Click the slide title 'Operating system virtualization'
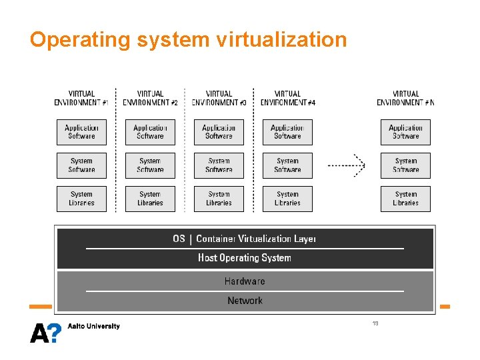pyautogui.click(x=188, y=40)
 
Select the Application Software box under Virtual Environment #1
pyautogui.click(x=81, y=132)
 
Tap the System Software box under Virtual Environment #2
pyautogui.click(x=150, y=165)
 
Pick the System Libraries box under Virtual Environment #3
pyautogui.click(x=219, y=199)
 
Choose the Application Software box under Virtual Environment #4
pyautogui.click(x=287, y=132)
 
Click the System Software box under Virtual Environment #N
pyautogui.click(x=405, y=165)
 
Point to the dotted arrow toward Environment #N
pyautogui.click(x=347, y=164)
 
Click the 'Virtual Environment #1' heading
pyautogui.click(x=81, y=98)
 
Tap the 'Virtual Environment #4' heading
pyautogui.click(x=287, y=98)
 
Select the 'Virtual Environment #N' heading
pyautogui.click(x=405, y=98)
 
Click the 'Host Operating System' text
pyautogui.click(x=245, y=258)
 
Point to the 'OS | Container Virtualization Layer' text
pyautogui.click(x=245, y=239)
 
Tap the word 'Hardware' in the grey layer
pyautogui.click(x=245, y=281)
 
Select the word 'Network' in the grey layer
pyautogui.click(x=245, y=301)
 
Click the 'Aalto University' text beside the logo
pyautogui.click(x=94, y=326)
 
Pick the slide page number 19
pyautogui.click(x=375, y=323)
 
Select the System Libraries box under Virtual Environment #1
pyautogui.click(x=81, y=199)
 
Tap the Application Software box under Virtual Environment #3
pyautogui.click(x=219, y=132)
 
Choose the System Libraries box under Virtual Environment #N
pyautogui.click(x=405, y=199)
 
